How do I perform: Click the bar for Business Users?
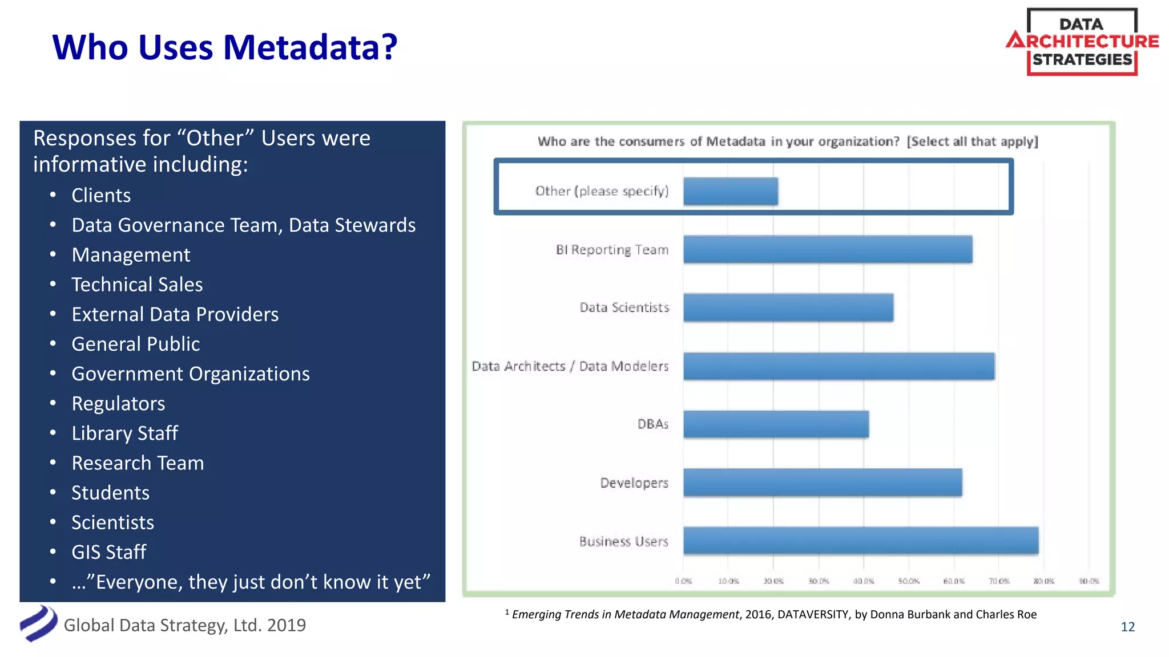tap(860, 540)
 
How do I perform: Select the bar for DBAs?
tap(776, 424)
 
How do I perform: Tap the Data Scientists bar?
tap(788, 307)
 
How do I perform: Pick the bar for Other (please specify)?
tap(730, 191)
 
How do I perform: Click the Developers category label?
tap(634, 483)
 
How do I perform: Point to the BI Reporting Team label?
tap(612, 250)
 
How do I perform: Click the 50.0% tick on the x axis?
tap(908, 581)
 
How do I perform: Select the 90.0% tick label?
tap(1089, 581)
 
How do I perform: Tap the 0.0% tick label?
tap(683, 581)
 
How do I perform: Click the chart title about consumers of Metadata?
tap(787, 141)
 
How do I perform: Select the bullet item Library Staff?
tap(124, 433)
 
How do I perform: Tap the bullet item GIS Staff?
tap(108, 552)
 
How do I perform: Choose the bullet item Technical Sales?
tap(137, 285)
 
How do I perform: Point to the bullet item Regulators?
tap(118, 404)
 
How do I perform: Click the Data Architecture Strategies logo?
tap(1082, 42)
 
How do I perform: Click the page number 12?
tap(1127, 627)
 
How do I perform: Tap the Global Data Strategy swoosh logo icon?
tap(38, 623)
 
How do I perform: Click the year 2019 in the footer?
tap(286, 626)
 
